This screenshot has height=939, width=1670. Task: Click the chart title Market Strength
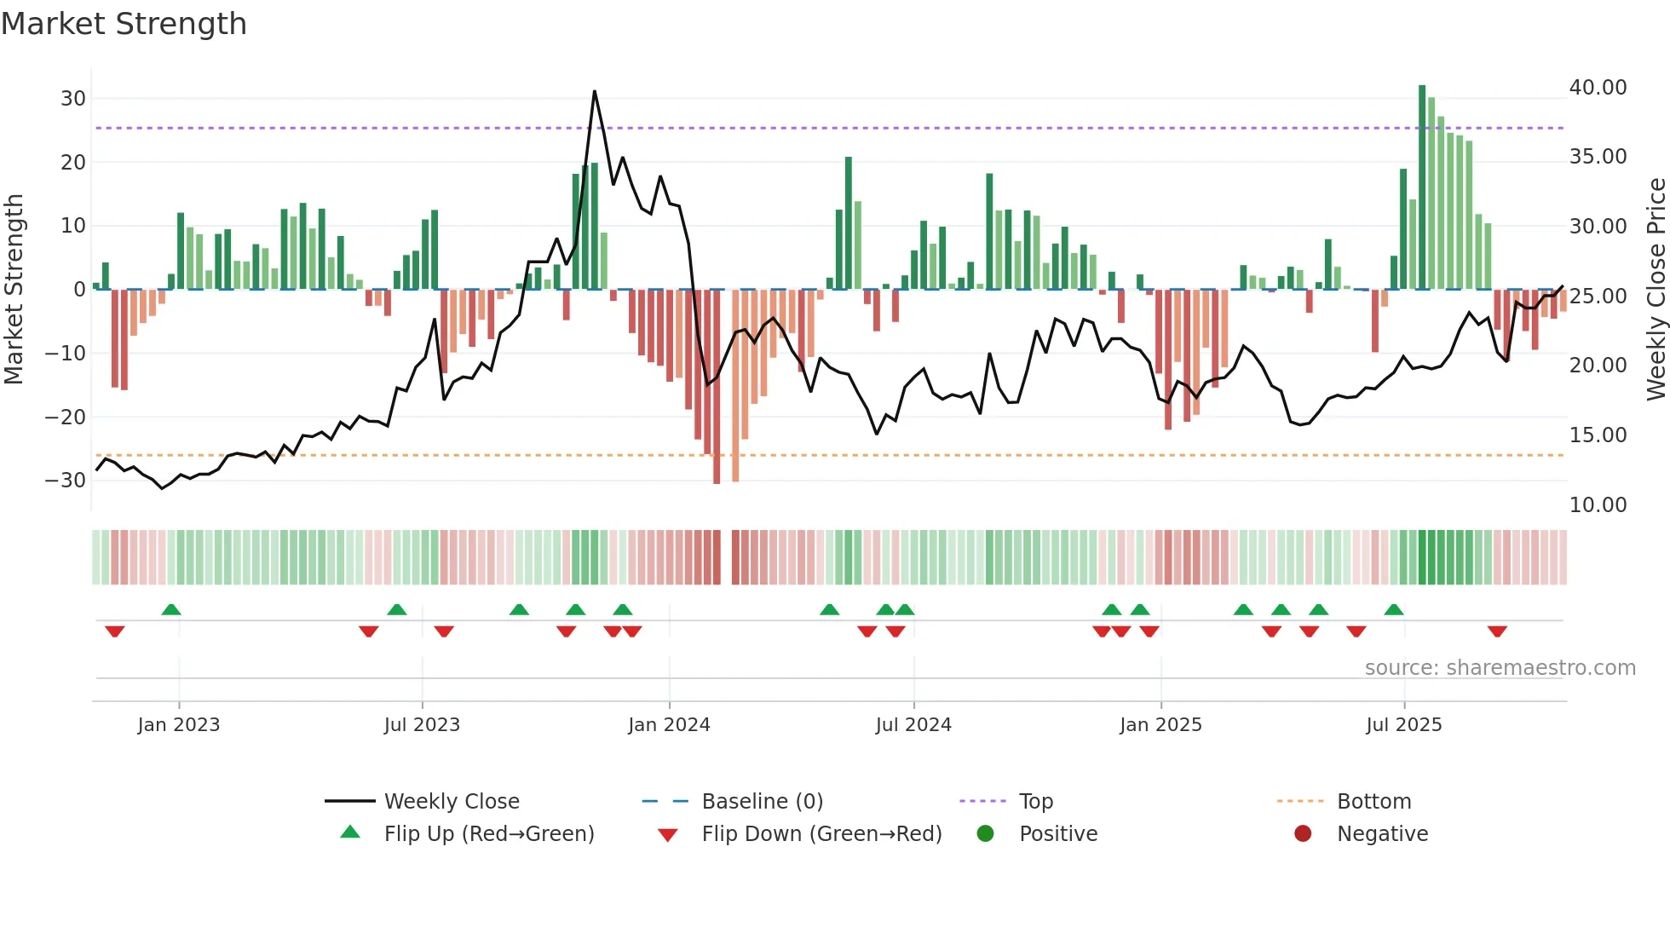pos(124,24)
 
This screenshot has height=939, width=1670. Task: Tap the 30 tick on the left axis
pos(73,98)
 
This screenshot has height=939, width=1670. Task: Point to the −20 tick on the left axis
pos(66,417)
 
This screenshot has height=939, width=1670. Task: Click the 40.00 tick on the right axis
pos(1598,88)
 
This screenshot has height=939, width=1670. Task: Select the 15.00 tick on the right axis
pos(1598,435)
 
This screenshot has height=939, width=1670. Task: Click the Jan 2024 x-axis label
pos(669,725)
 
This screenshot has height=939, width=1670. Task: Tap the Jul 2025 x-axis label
pos(1403,725)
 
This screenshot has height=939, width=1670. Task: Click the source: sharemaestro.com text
pos(1500,668)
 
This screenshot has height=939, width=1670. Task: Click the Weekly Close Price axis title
pos(1656,290)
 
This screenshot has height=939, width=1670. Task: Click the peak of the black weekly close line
pos(594,91)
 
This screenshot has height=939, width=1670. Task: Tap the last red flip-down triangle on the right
pos(1497,631)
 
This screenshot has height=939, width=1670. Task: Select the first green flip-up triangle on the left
pos(171,609)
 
